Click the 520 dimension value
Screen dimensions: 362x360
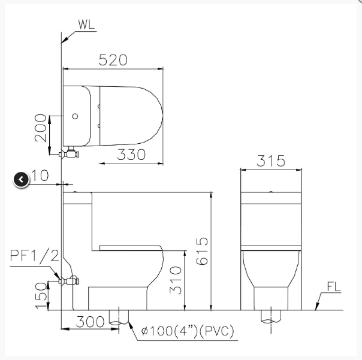coord(113,60)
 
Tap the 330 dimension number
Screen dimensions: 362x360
coord(131,155)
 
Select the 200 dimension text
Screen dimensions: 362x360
coord(41,128)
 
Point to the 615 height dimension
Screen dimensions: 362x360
coord(202,251)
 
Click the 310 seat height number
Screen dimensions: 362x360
coord(176,280)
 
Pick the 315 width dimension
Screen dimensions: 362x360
coord(271,161)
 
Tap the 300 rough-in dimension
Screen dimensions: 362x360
coord(90,322)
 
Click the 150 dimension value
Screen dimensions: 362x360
coord(41,296)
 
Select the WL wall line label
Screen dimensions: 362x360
coord(86,25)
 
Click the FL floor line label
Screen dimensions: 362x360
coord(334,287)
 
